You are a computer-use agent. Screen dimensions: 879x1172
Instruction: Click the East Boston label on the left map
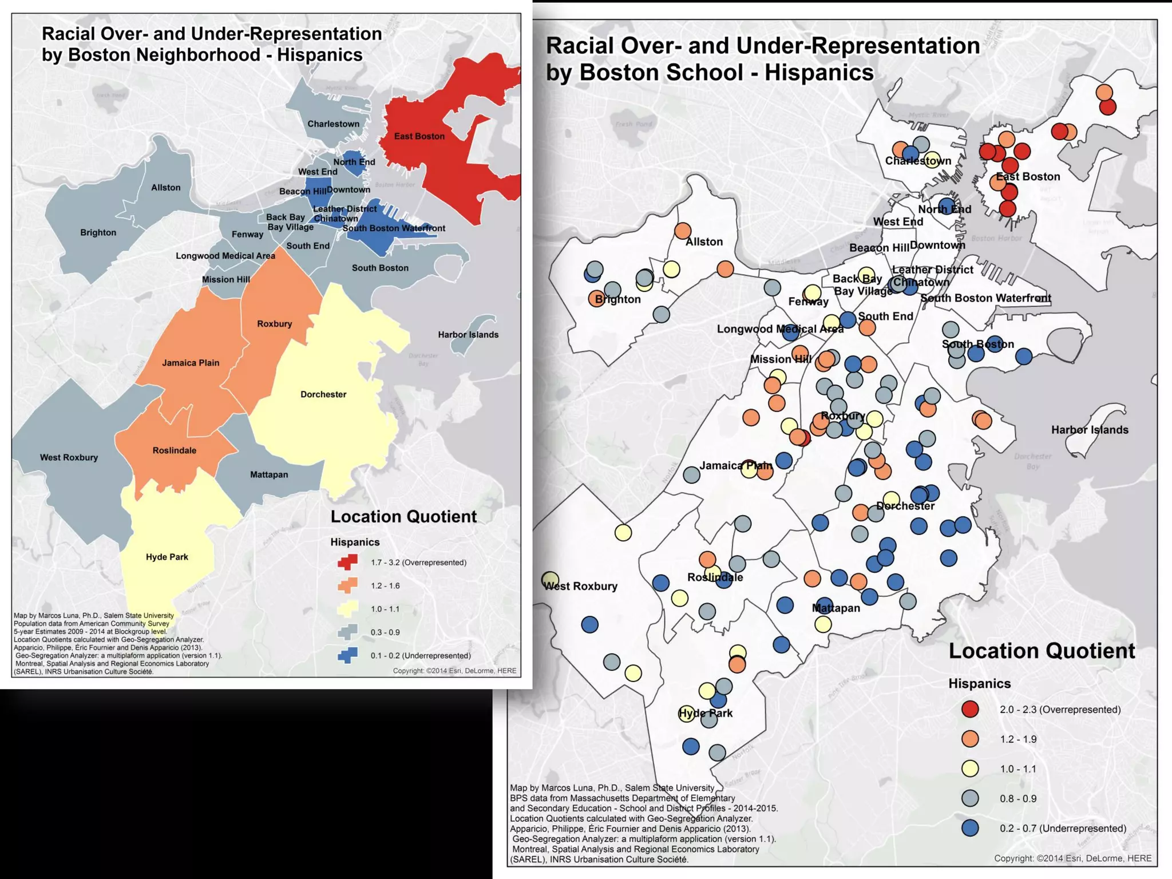click(x=419, y=136)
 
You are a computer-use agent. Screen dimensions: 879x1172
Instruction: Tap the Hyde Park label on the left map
click(x=167, y=557)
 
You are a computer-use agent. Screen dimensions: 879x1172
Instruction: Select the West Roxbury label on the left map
click(x=69, y=457)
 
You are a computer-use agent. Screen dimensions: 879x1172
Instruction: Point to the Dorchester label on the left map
click(x=323, y=394)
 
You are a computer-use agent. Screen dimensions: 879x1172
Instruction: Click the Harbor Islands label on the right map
click(x=1090, y=430)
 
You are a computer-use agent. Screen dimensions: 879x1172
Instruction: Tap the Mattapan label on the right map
click(x=836, y=608)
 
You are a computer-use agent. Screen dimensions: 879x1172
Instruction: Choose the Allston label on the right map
click(x=704, y=241)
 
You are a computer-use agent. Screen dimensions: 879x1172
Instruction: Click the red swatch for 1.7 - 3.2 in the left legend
click(x=347, y=563)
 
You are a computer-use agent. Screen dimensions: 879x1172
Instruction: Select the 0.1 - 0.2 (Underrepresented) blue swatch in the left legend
click(x=347, y=655)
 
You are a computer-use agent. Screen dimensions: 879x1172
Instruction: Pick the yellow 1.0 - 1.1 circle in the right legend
click(x=970, y=769)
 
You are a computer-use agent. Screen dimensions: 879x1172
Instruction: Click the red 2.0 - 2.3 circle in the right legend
click(x=970, y=709)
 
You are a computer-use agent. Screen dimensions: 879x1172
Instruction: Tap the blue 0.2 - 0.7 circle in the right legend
click(x=970, y=828)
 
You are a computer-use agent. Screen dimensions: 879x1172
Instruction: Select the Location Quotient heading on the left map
click(x=403, y=516)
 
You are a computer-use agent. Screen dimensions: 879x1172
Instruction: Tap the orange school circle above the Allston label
click(x=682, y=231)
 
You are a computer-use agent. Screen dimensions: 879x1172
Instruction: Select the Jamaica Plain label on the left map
click(x=191, y=363)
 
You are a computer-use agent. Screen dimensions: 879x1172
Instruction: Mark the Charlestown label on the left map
click(x=334, y=124)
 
